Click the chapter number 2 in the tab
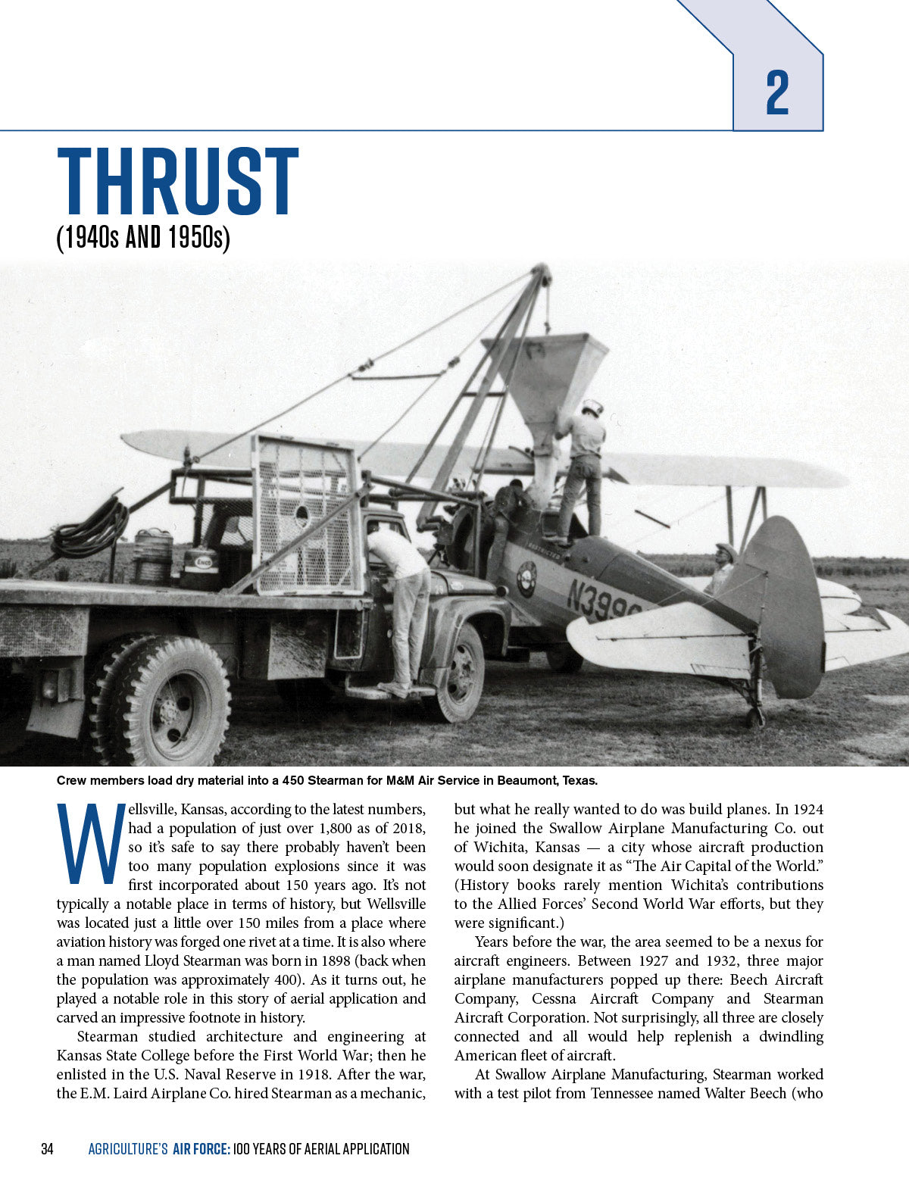click(777, 92)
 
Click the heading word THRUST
click(178, 182)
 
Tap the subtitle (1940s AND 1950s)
click(143, 238)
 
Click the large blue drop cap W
click(90, 843)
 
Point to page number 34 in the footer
click(47, 1149)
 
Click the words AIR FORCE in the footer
click(201, 1149)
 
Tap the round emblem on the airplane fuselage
click(526, 579)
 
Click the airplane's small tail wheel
click(754, 715)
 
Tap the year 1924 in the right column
click(806, 809)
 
